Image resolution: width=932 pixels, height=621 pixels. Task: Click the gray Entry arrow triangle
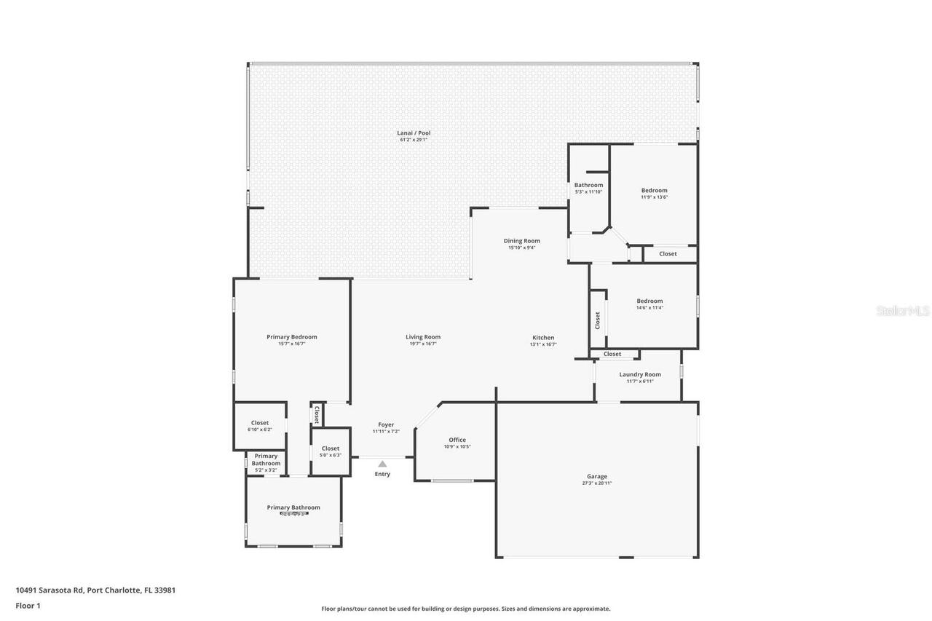[382, 464]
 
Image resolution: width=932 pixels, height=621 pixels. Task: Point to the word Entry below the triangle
[382, 474]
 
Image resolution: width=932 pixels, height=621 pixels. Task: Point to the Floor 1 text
[28, 605]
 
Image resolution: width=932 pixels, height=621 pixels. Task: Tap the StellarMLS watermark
[903, 311]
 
